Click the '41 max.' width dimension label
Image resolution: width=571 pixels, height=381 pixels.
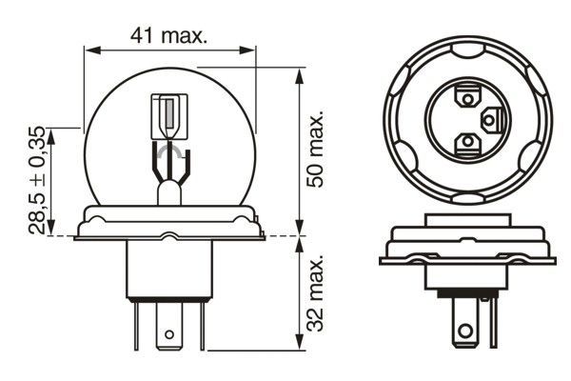(x=168, y=35)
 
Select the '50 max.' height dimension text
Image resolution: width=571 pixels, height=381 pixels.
(x=317, y=148)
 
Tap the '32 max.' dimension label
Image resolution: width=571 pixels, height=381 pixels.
(x=317, y=289)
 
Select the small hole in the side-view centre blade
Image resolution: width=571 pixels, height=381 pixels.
(x=169, y=334)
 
